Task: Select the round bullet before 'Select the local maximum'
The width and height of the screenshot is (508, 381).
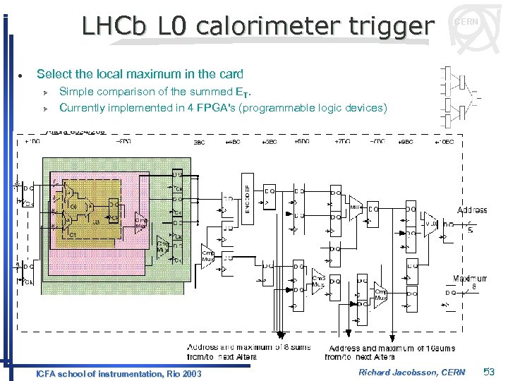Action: [23, 75]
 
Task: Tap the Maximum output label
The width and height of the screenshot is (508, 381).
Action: [468, 279]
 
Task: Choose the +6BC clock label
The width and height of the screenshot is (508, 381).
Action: [301, 142]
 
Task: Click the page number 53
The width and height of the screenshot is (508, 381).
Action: [490, 372]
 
